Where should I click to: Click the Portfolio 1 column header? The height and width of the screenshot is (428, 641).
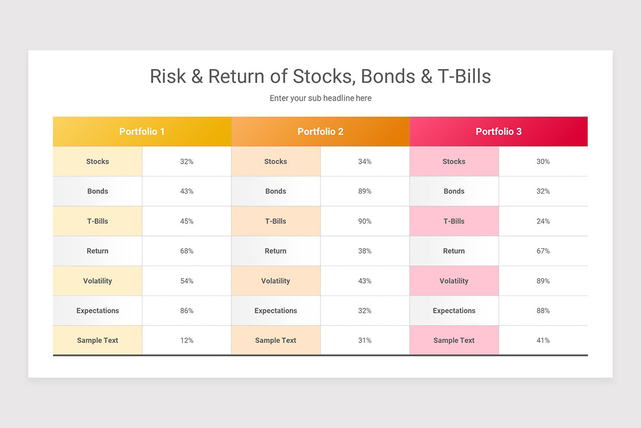tap(142, 132)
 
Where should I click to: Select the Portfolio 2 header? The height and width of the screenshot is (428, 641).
tap(320, 132)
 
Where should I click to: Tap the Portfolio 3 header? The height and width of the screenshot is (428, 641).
tap(498, 132)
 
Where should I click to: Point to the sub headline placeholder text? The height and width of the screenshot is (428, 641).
tap(320, 98)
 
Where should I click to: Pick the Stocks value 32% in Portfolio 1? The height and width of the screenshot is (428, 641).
tap(187, 162)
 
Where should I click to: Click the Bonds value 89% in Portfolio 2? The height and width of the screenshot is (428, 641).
tap(365, 192)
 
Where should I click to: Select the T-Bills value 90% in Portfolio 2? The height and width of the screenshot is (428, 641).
tap(365, 221)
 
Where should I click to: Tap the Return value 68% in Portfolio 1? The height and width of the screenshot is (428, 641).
tap(187, 251)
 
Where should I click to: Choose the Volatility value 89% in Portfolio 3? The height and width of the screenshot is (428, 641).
tap(543, 281)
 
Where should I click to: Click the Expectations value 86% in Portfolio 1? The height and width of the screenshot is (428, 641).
tap(187, 311)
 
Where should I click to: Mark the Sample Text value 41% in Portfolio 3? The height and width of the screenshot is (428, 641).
tap(543, 340)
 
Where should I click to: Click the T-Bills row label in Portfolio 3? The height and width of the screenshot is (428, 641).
tap(454, 221)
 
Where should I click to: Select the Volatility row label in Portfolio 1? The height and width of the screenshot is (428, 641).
tap(98, 281)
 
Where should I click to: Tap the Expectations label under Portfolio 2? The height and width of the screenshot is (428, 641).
tap(276, 311)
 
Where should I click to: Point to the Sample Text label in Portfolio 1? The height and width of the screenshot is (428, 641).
tap(98, 340)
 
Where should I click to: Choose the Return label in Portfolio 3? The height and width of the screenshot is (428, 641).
tap(454, 251)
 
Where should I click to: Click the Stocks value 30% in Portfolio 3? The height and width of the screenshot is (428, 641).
tap(543, 162)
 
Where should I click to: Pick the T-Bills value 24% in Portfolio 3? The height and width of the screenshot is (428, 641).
tap(543, 221)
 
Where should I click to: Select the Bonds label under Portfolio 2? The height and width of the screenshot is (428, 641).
tap(276, 192)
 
